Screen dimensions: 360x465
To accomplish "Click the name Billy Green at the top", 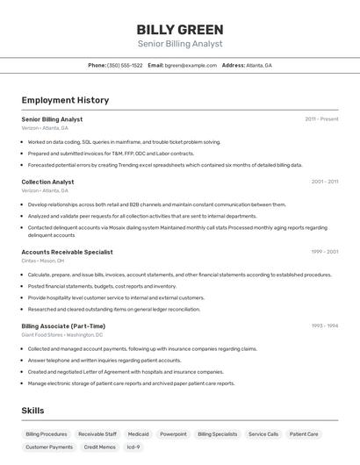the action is pos(180,30).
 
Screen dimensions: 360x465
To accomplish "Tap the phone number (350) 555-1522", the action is pos(125,65).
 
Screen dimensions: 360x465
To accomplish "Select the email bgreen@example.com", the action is pos(191,65).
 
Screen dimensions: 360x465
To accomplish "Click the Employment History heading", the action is pos(65,100).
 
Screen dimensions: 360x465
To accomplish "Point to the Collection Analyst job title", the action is pos(47,182).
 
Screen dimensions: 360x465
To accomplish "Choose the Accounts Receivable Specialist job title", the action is pos(67,252).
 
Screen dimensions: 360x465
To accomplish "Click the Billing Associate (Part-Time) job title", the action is pos(63,325).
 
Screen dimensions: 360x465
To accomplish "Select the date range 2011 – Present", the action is pos(321,118).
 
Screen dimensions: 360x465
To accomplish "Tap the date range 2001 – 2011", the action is pos(324,182).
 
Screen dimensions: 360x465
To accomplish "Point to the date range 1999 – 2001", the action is pos(324,252).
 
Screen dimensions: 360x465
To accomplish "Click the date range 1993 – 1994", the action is pos(324,325).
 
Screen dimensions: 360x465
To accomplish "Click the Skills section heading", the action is pos(32,411).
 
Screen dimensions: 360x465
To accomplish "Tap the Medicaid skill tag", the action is pos(138,433).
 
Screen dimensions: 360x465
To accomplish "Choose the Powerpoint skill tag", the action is pos(173,433).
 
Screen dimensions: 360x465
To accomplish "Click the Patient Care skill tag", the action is pos(304,433).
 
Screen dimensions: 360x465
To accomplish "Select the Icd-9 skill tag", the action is pos(133,447).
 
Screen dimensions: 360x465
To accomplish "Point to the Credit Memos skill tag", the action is pos(99,447).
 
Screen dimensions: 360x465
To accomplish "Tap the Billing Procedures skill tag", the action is pos(47,433).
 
